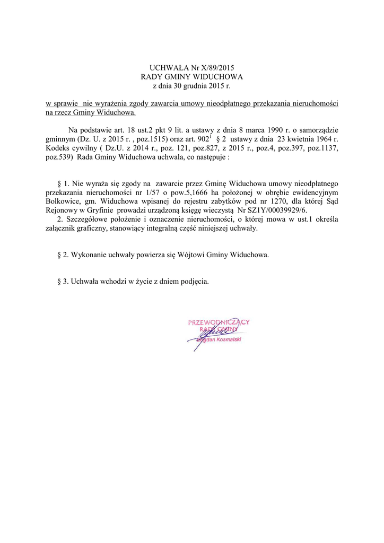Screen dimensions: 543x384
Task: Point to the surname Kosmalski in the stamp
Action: click(228, 339)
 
